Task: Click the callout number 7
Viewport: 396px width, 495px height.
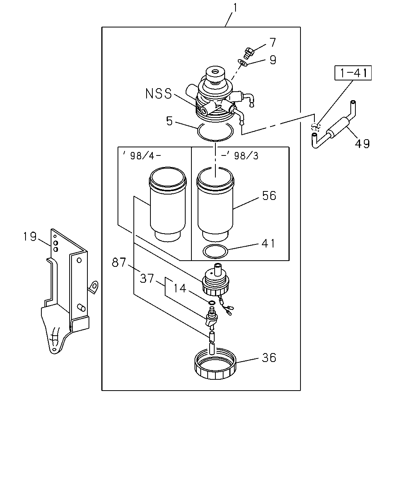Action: (272, 42)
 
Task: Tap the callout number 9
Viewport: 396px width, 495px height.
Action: (273, 60)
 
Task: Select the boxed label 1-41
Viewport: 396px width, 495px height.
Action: (353, 73)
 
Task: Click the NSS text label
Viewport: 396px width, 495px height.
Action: (159, 94)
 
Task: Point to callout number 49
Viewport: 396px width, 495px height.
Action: (362, 144)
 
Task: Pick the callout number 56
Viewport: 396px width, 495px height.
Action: (269, 196)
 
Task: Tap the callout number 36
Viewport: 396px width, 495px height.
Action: (269, 358)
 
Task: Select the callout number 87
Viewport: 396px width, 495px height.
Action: (119, 263)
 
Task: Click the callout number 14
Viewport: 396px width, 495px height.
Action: (179, 288)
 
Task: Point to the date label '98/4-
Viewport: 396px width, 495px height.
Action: (142, 156)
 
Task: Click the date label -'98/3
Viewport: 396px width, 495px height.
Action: (239, 156)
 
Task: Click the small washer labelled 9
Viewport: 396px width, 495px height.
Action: (243, 63)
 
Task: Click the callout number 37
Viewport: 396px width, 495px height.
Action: (147, 278)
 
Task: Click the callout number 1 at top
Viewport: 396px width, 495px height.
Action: (235, 8)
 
